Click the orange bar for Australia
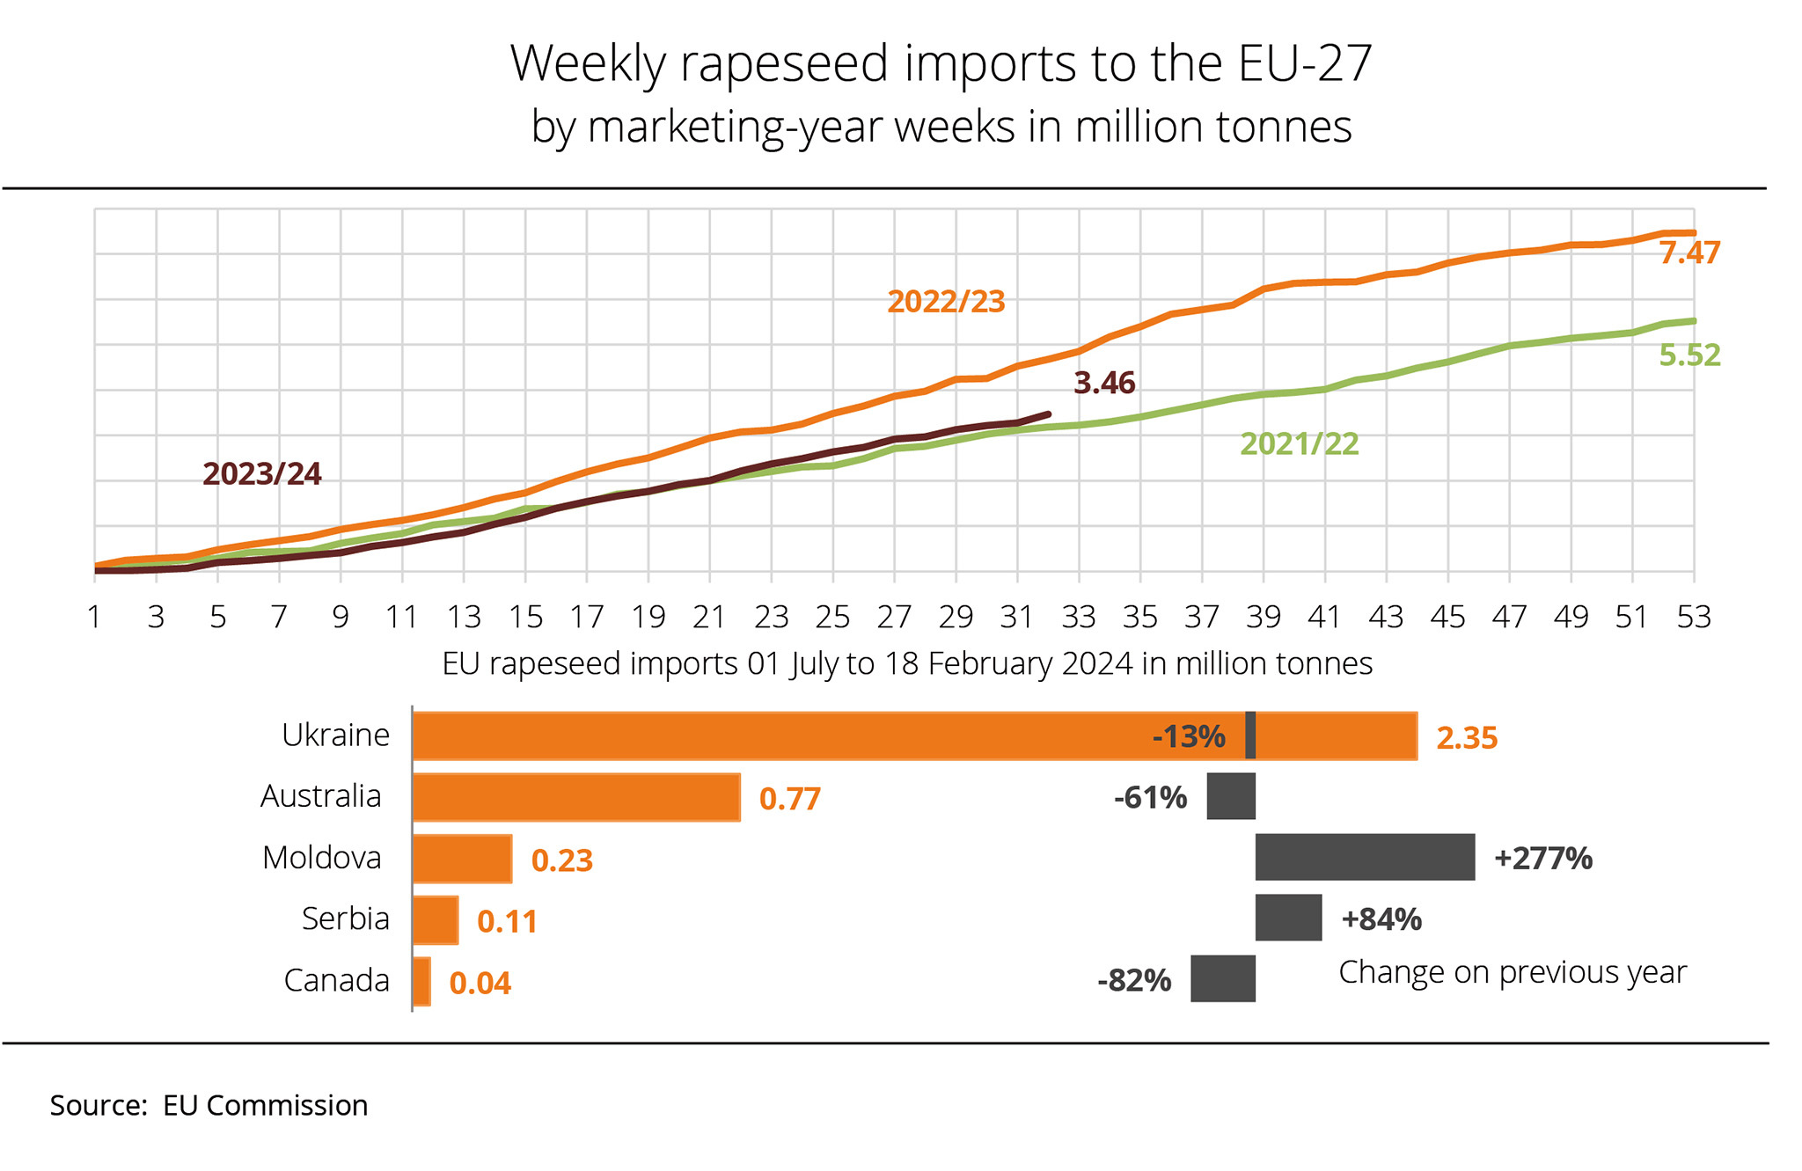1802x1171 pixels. click(x=576, y=797)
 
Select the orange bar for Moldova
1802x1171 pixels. click(x=462, y=859)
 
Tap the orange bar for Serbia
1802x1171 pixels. click(x=436, y=920)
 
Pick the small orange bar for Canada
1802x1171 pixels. click(x=421, y=981)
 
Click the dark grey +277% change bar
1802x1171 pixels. click(x=1365, y=857)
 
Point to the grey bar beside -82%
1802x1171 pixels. click(x=1223, y=978)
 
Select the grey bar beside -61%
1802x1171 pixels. click(x=1231, y=796)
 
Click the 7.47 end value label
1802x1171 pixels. click(x=1689, y=253)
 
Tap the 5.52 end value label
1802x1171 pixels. click(x=1689, y=355)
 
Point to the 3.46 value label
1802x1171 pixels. click(x=1104, y=384)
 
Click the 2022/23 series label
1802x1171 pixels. click(x=946, y=302)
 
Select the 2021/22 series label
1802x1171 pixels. click(x=1300, y=444)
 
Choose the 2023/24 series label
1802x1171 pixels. click(x=262, y=474)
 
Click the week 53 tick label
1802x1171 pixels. click(x=1694, y=618)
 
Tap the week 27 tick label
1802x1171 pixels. click(x=894, y=618)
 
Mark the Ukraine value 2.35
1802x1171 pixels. click(x=1467, y=738)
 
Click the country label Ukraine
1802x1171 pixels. click(x=335, y=735)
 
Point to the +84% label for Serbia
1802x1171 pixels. click(x=1381, y=919)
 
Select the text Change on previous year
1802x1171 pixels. click(x=1513, y=972)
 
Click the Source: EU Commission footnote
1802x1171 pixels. click(x=209, y=1105)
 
